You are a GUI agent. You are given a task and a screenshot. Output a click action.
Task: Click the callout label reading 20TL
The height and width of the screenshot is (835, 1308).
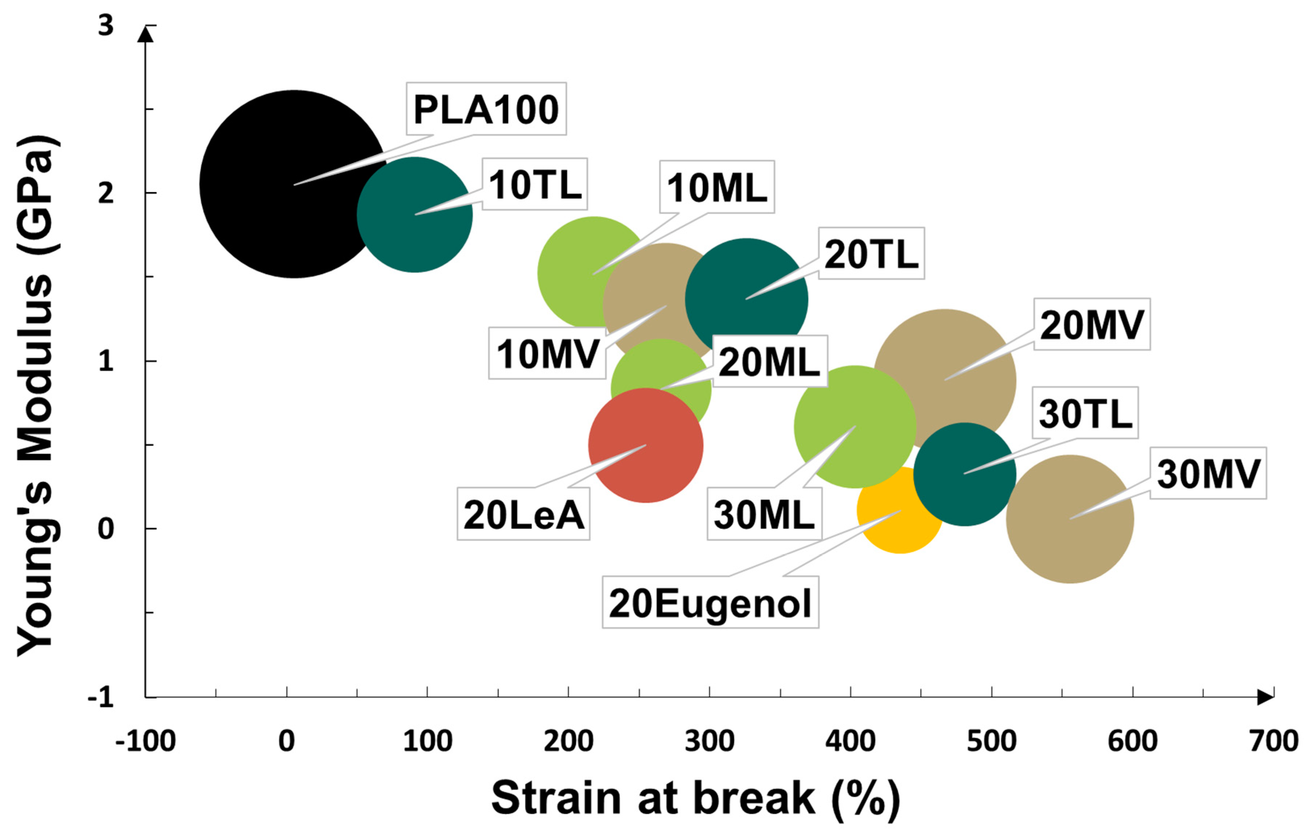pos(871,254)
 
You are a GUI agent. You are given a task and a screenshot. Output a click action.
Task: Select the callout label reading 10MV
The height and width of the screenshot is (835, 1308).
pos(547,353)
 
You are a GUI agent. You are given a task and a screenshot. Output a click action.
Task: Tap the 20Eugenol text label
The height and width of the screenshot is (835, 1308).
pos(710,604)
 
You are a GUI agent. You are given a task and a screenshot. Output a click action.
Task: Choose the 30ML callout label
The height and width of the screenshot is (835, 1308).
pos(764,514)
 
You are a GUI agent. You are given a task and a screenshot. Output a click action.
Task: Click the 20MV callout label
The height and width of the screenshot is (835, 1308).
pos(1092,324)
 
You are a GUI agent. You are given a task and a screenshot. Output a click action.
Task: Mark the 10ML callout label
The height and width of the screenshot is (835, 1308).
pos(717,187)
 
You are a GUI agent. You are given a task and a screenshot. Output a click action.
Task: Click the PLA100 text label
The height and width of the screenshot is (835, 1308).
pos(486,109)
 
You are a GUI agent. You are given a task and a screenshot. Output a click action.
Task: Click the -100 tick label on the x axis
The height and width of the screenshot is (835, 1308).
pos(146,740)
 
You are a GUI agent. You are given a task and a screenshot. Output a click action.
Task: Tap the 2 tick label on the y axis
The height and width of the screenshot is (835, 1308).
pos(106,193)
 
